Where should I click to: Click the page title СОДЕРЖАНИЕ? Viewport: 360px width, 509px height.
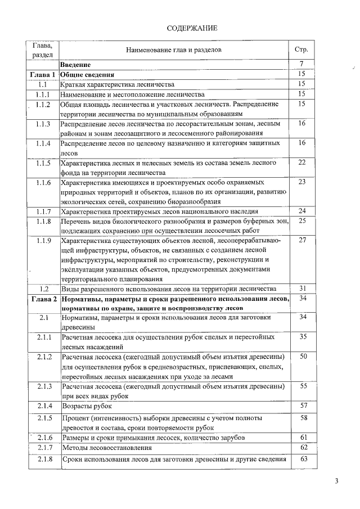pos(192,28)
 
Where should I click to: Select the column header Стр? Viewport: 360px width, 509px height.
pos(301,49)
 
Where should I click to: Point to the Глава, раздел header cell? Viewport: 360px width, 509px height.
pos(43,49)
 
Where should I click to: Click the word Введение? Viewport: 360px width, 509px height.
pos(79,65)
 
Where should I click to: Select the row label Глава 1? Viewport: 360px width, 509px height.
pos(43,74)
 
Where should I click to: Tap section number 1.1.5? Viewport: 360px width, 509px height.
pos(43,163)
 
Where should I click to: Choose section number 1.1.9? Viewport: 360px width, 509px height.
pos(43,241)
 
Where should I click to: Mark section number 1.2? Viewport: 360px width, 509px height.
pos(43,288)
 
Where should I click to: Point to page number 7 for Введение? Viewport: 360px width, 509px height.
pos(301,64)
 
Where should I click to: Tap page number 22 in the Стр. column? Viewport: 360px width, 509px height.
pos(301,163)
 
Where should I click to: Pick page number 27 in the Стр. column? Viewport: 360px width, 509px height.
pos(301,240)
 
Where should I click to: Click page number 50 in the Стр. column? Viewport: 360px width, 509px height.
pos(301,357)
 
